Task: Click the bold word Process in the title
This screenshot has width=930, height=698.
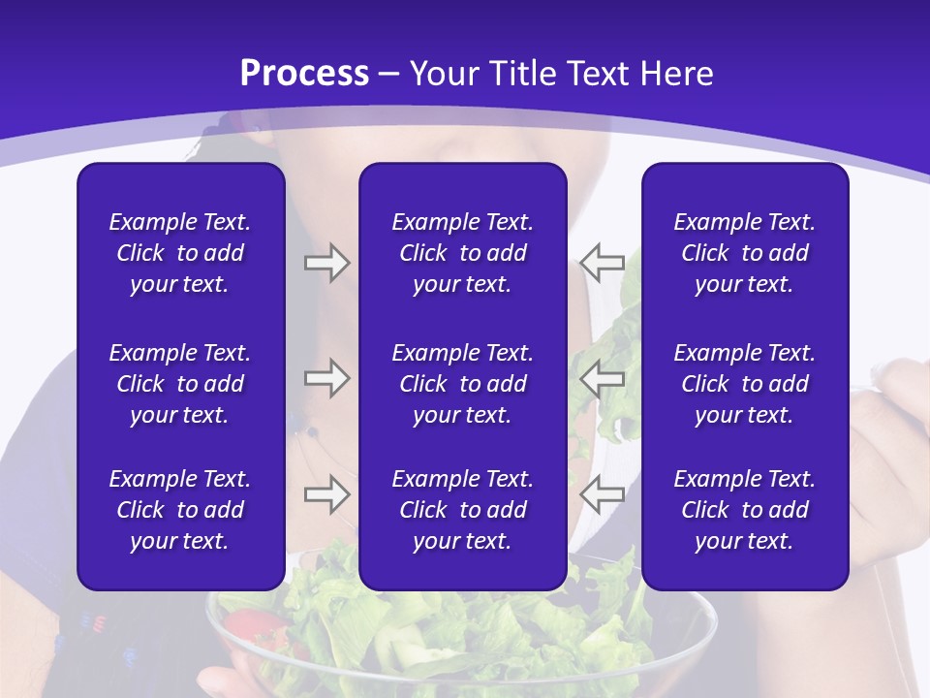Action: [x=304, y=74]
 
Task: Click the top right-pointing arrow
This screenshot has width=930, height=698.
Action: [x=326, y=263]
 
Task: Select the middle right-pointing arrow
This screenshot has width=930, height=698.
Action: [x=326, y=377]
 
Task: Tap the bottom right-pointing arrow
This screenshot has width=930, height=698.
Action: [x=326, y=493]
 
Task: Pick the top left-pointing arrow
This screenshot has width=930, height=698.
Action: [x=602, y=263]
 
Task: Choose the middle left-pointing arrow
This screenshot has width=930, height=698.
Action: [x=602, y=377]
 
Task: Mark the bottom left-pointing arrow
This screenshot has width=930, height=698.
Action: [x=602, y=493]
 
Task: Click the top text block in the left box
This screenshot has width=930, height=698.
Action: [x=180, y=253]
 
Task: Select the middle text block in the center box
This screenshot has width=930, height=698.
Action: [x=462, y=384]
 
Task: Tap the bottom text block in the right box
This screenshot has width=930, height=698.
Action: [x=744, y=510]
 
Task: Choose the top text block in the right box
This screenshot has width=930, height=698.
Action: [x=744, y=253]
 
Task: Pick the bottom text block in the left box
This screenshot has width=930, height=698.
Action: [x=180, y=510]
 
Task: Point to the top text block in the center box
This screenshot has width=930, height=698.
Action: [x=462, y=253]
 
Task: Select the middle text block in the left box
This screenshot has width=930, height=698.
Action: [x=180, y=384]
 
